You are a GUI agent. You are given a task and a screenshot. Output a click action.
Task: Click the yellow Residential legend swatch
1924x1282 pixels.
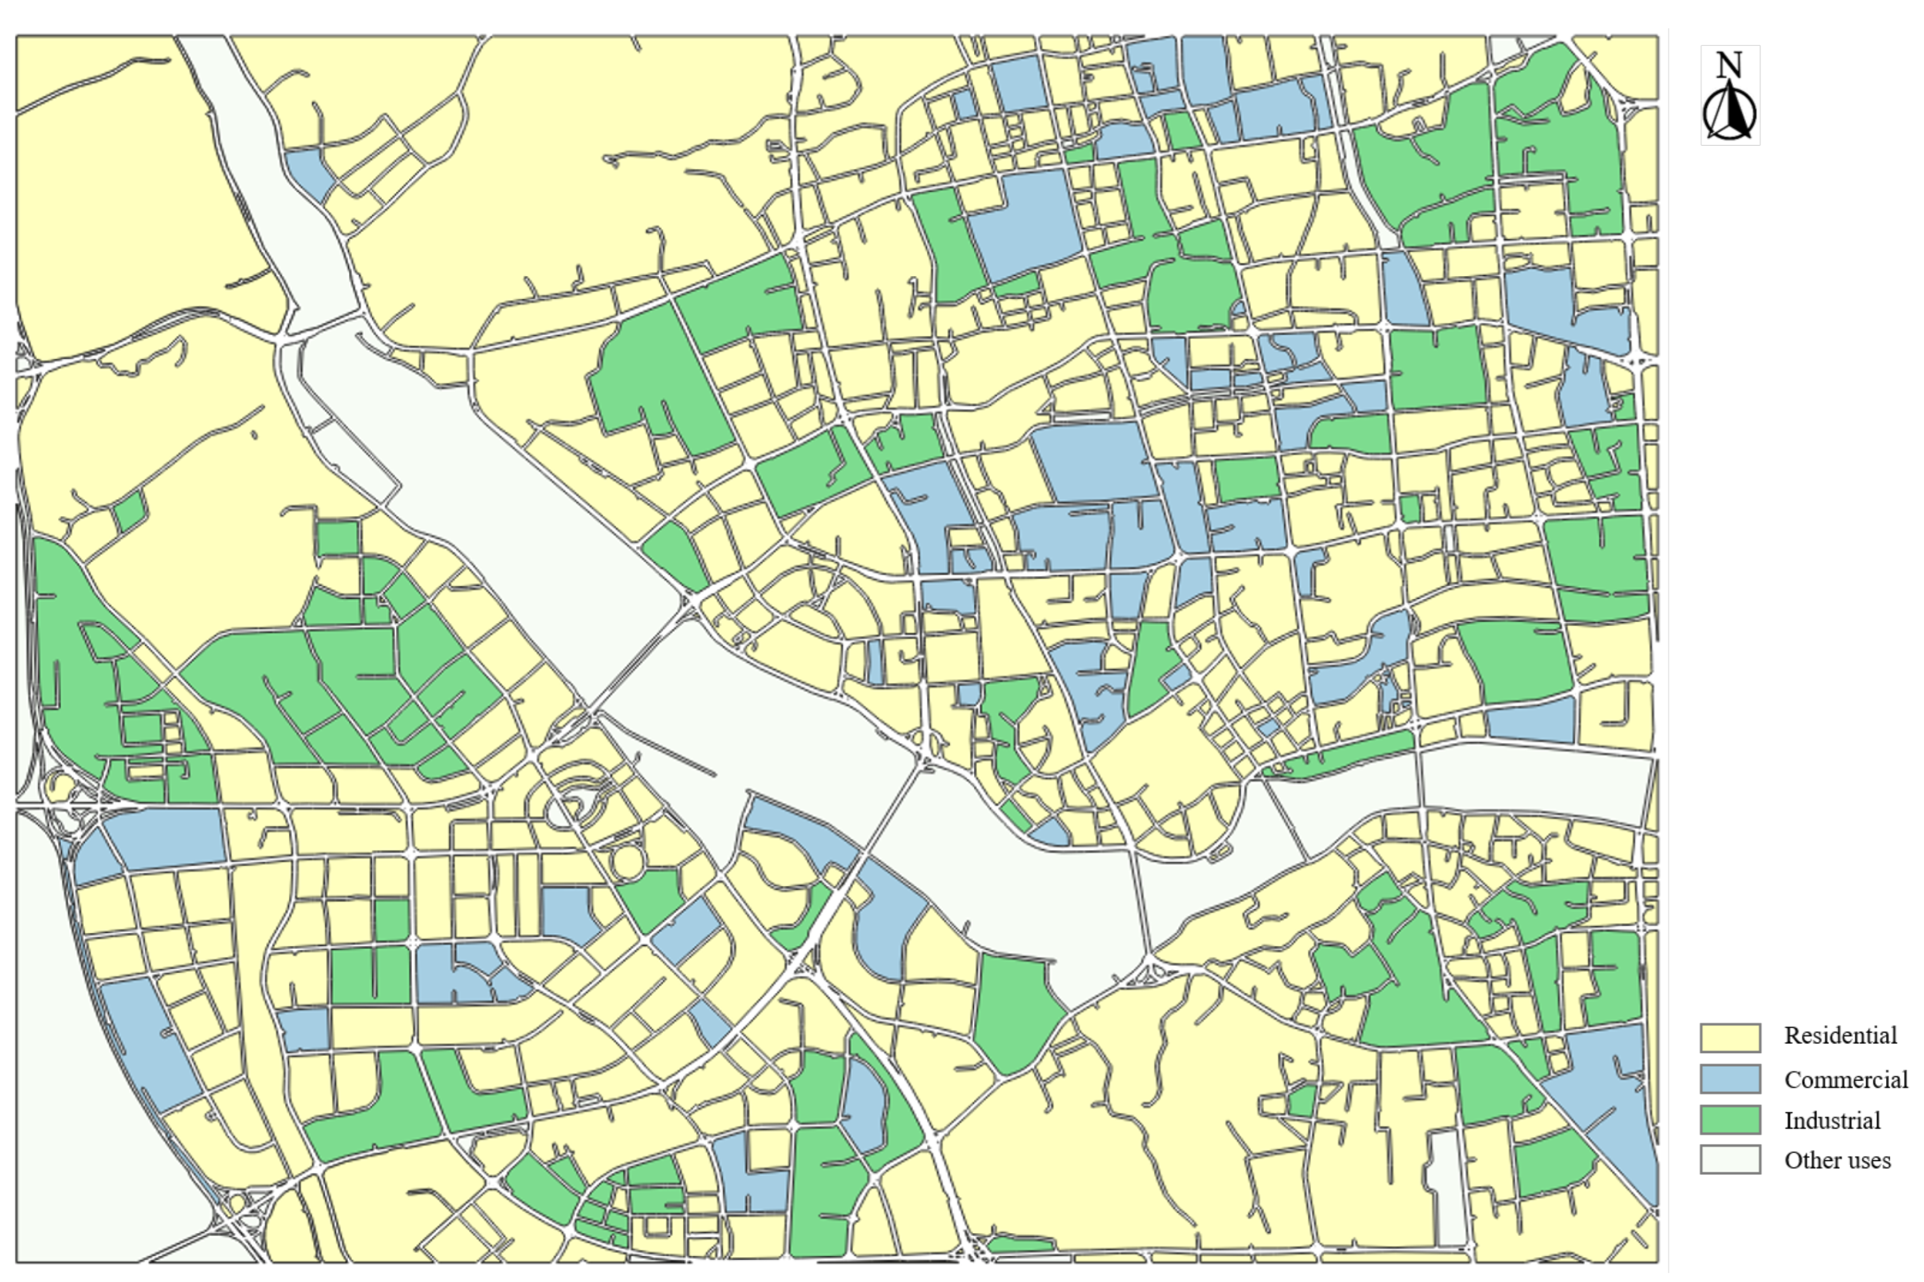pyautogui.click(x=1730, y=1038)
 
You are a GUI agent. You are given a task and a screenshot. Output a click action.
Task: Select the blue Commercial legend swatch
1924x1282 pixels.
pyautogui.click(x=1730, y=1079)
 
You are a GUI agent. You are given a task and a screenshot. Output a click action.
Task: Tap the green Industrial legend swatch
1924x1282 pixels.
pyautogui.click(x=1730, y=1119)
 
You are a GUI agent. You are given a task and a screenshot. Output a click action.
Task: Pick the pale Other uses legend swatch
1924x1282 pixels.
pyautogui.click(x=1730, y=1159)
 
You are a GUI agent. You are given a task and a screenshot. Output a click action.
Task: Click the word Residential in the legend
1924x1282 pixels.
pyautogui.click(x=1840, y=1036)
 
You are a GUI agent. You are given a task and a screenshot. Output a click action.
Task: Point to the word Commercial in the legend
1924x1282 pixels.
pyautogui.click(x=1845, y=1079)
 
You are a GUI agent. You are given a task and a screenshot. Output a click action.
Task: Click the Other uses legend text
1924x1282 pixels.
pyautogui.click(x=1837, y=1160)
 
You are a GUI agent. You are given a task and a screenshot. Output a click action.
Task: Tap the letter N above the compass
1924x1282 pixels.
pyautogui.click(x=1728, y=65)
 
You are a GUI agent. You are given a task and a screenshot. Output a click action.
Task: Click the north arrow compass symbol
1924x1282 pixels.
pyautogui.click(x=1729, y=115)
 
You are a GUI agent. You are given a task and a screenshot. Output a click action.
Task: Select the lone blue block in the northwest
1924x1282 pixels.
pyautogui.click(x=309, y=172)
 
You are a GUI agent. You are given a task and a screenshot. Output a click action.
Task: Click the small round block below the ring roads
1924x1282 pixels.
pyautogui.click(x=627, y=863)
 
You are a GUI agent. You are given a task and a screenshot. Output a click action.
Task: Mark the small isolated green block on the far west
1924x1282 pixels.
pyautogui.click(x=129, y=511)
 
